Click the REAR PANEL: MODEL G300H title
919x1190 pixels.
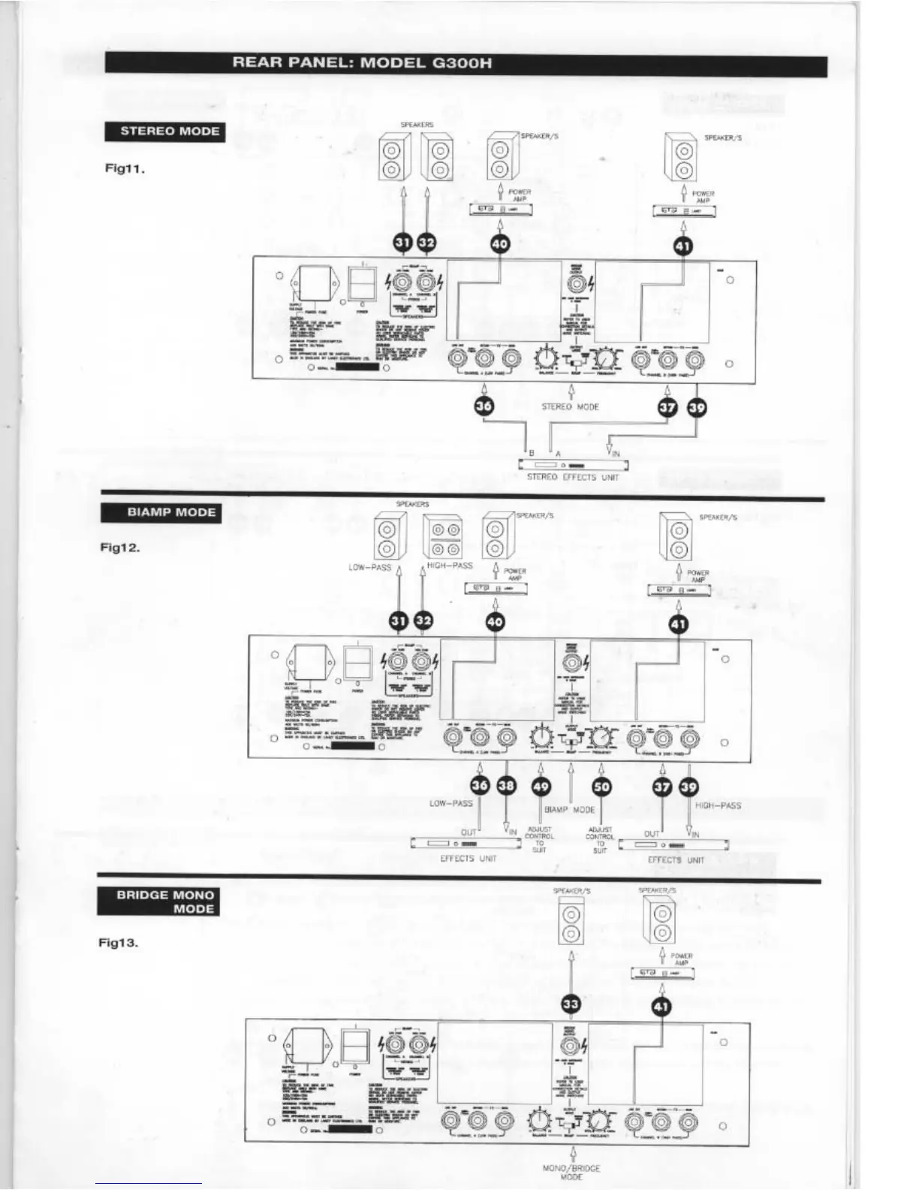coord(362,63)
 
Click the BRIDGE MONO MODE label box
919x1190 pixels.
coord(159,902)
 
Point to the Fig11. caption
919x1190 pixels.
coord(124,168)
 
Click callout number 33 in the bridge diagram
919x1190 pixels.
coord(571,1005)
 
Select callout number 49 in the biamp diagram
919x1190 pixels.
coord(541,787)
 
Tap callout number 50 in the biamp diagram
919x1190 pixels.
coord(601,787)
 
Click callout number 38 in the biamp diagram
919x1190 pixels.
coord(507,787)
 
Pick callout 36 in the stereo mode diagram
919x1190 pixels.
coord(484,406)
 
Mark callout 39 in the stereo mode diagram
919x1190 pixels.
coord(697,406)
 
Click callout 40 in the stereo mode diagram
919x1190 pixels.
coord(500,243)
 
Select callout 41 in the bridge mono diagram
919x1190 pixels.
coord(661,1005)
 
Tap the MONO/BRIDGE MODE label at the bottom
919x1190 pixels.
coord(571,1173)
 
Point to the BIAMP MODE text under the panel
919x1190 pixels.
coord(569,810)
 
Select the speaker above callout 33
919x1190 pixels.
coord(571,924)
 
